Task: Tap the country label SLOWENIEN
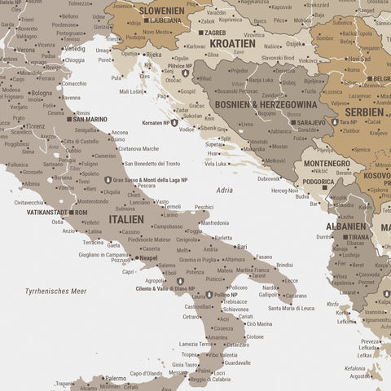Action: click(x=162, y=10)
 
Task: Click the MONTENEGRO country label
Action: click(x=327, y=164)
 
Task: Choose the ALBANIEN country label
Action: click(x=347, y=226)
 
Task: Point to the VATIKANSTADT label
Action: click(x=47, y=212)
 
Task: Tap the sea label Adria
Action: click(x=224, y=190)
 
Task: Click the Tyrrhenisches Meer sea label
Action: click(x=55, y=291)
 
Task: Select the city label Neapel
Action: click(x=147, y=257)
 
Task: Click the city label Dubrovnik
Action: click(x=269, y=178)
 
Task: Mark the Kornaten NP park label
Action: click(x=156, y=122)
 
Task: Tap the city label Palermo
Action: click(x=115, y=378)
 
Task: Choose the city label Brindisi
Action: click(x=284, y=265)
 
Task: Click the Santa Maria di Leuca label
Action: click(x=291, y=308)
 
